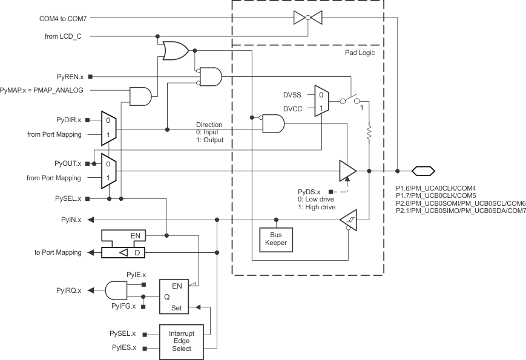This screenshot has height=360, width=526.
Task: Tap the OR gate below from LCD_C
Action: pos(174,51)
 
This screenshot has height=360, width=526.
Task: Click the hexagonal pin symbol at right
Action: pos(423,171)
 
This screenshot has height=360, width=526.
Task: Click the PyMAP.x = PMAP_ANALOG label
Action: pos(42,90)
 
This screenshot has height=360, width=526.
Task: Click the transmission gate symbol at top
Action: pos(307,18)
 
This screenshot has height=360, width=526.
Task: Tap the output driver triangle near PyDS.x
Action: pos(347,171)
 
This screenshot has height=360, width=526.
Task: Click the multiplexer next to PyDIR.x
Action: pos(107,129)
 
